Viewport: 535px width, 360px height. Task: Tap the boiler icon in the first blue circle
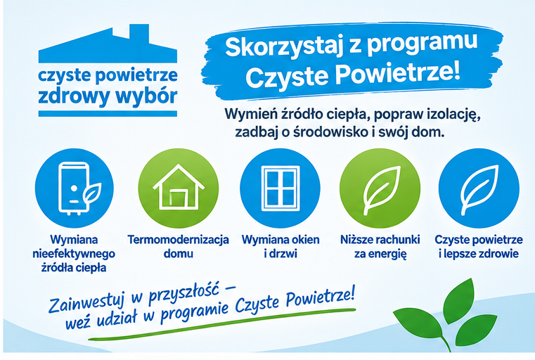coord(79,188)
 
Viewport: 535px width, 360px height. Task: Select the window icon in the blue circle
coord(280,188)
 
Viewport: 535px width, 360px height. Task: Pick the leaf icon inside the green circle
coord(381,190)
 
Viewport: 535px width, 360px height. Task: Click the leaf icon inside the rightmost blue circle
coord(479,190)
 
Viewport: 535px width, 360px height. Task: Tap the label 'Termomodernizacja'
coord(178,240)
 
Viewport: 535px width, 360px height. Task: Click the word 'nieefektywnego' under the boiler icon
coord(74,255)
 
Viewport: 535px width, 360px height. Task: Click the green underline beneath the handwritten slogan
coord(221,325)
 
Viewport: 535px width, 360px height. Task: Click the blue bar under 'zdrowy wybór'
coord(108,114)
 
